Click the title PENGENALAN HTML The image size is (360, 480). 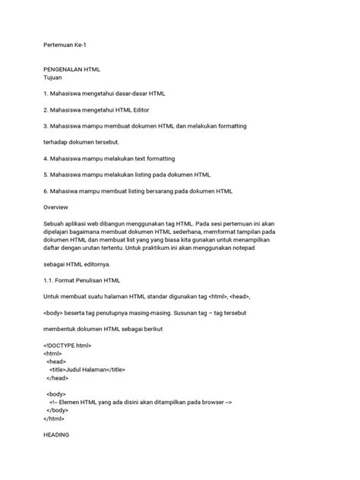coord(72,68)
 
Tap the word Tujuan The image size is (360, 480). coord(53,77)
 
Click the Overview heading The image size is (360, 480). coord(56,207)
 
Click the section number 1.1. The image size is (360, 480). coord(49,281)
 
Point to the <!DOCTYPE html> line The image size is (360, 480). coord(68,324)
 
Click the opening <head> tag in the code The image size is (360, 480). coord(56,340)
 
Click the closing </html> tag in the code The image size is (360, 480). coord(54,418)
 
